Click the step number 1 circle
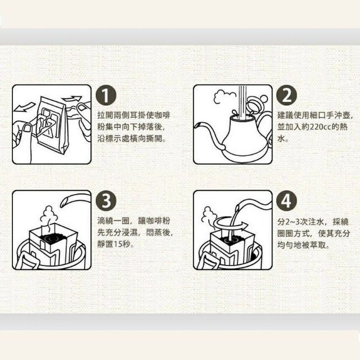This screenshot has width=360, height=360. [x=106, y=95]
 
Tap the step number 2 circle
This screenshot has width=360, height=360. [x=286, y=95]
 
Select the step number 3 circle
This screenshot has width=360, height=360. [x=106, y=201]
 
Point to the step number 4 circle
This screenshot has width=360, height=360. [x=286, y=201]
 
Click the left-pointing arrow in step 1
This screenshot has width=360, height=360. [x=24, y=107]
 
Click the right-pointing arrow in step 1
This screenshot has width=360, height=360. [x=72, y=99]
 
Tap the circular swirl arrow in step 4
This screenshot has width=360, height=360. [x=229, y=224]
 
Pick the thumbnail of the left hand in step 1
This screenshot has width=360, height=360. [x=28, y=128]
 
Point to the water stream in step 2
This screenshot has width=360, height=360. [x=242, y=103]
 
